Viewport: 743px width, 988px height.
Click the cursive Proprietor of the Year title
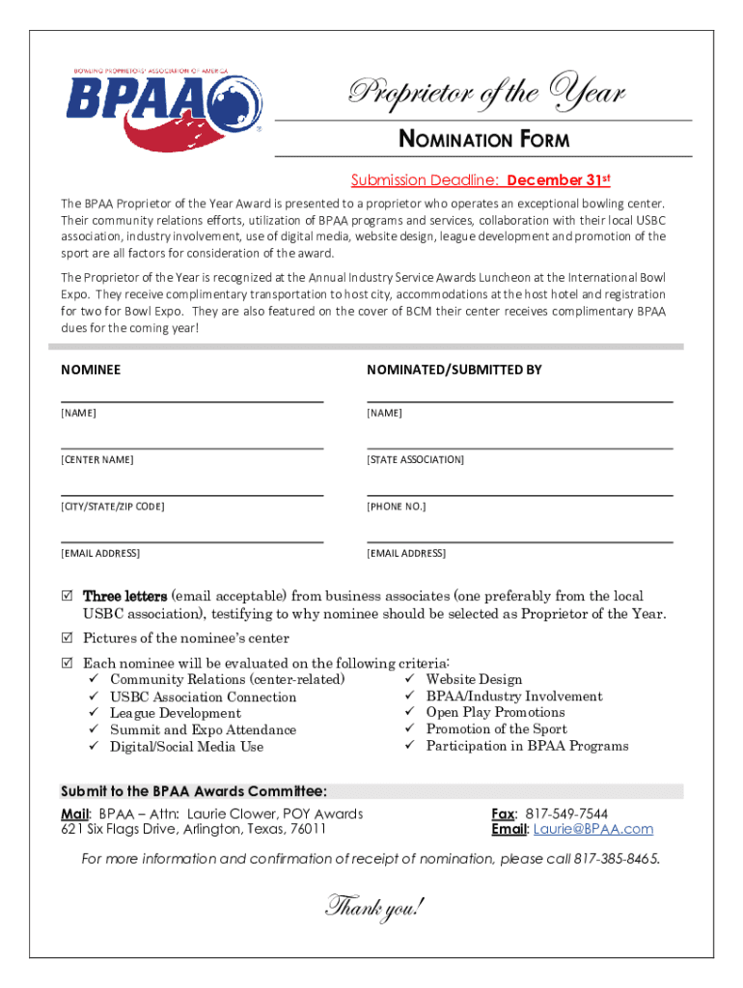(486, 94)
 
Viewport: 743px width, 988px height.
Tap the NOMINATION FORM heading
(484, 140)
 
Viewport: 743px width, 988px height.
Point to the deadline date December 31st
(559, 179)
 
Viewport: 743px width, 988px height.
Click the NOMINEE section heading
(91, 370)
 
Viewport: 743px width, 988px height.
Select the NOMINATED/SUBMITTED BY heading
(454, 370)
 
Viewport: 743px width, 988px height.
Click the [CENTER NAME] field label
(97, 459)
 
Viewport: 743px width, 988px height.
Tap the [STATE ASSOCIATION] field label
(415, 459)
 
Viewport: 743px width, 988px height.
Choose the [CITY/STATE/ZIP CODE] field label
(113, 507)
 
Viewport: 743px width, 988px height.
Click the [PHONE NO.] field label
(396, 507)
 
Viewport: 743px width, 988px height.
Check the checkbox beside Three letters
(67, 596)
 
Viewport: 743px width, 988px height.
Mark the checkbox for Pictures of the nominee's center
(67, 638)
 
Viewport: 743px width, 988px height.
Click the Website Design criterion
(474, 679)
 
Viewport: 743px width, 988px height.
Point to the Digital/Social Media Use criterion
(186, 747)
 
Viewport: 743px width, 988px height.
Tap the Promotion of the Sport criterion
(496, 729)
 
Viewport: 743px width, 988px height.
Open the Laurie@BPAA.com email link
(593, 829)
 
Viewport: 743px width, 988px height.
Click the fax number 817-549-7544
(566, 813)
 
